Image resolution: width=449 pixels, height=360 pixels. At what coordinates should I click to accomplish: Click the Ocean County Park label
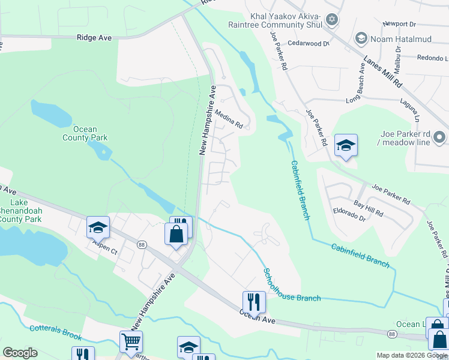tap(85, 133)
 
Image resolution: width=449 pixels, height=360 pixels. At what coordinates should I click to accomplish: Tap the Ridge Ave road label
tap(94, 37)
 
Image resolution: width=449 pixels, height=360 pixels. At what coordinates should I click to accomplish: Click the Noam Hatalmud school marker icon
tap(361, 38)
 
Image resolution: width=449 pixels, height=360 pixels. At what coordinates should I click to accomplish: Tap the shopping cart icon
tap(131, 341)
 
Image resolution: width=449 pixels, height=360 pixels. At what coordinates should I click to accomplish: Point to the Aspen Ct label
tap(104, 248)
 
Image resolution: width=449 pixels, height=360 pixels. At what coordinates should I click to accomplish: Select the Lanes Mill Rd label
tap(382, 72)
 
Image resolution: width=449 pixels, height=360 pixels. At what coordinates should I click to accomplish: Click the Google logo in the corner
tap(20, 352)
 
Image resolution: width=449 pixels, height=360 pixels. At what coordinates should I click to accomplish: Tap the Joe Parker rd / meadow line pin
tap(440, 137)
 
